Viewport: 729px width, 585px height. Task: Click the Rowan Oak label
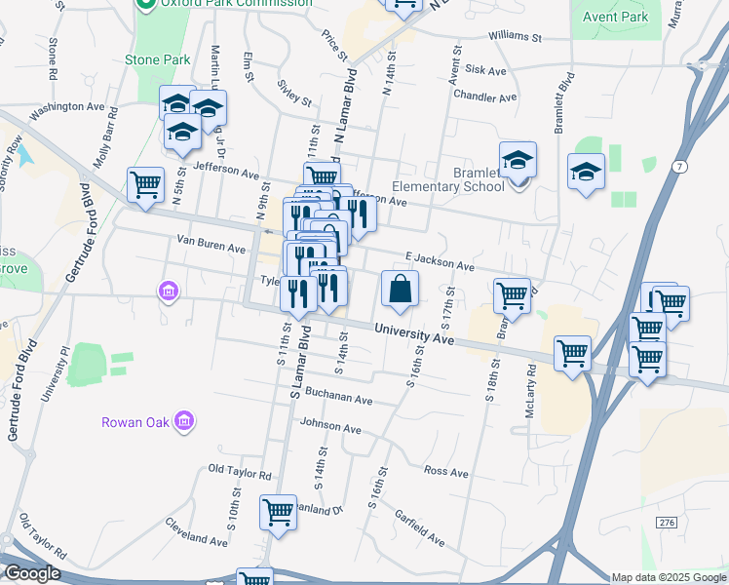coord(135,422)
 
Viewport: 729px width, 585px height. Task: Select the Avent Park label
coord(615,17)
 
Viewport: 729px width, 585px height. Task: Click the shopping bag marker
coord(400,289)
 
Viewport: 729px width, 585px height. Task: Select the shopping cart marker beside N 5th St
coord(145,183)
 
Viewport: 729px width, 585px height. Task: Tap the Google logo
coord(31,572)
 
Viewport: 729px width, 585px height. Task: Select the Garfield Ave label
coord(421,530)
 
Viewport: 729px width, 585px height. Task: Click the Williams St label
coord(516,37)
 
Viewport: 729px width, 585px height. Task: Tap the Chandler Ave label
coord(484,97)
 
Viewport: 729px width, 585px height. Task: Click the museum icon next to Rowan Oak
coord(184,421)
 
